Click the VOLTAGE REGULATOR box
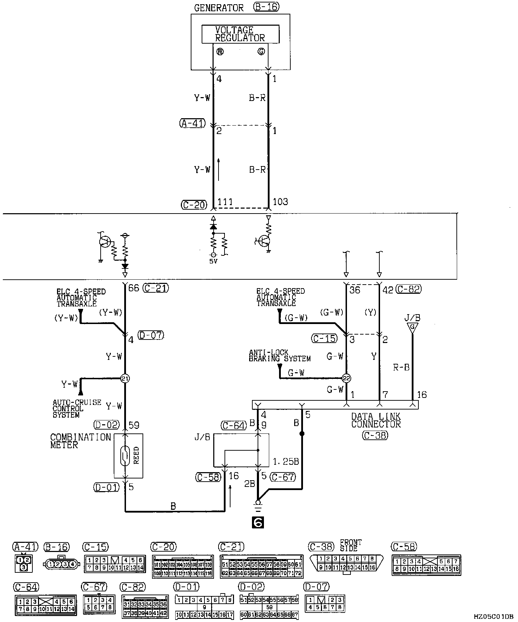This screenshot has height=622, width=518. tap(240, 34)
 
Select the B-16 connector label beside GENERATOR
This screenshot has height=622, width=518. tap(266, 7)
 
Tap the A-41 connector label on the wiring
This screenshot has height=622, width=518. tap(192, 123)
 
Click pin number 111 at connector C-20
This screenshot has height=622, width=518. tap(225, 202)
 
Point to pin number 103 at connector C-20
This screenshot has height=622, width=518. tap(280, 202)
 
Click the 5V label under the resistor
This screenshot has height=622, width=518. tap(213, 261)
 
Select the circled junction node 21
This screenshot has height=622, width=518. tap(125, 379)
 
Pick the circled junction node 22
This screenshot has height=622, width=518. tap(347, 379)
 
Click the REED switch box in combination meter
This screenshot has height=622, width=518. tap(128, 456)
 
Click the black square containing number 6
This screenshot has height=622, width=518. tap(258, 523)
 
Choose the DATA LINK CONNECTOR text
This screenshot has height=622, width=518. tap(376, 420)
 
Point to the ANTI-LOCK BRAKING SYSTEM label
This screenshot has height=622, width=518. tap(279, 355)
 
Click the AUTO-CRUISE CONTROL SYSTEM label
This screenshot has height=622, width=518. tap(77, 408)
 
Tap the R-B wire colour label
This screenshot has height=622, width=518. tap(401, 367)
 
